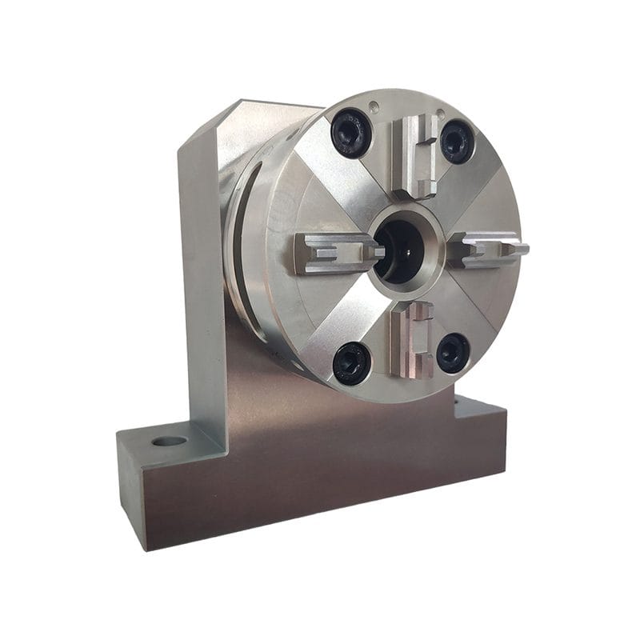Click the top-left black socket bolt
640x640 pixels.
point(351,132)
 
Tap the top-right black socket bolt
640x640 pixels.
point(457,142)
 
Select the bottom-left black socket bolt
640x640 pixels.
point(352,362)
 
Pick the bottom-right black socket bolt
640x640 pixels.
point(453,353)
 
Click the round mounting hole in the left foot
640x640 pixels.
point(169,441)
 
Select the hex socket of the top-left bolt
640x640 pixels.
point(351,132)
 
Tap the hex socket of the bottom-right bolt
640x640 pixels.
point(453,353)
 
